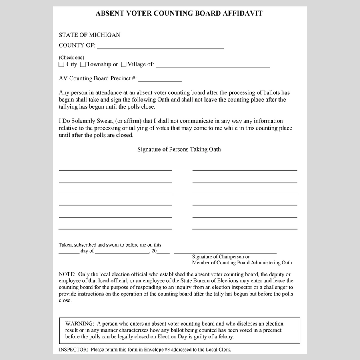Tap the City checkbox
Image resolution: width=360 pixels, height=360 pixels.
[x=62, y=64]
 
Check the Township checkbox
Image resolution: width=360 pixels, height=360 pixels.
[x=83, y=64]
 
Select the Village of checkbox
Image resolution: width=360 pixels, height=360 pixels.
[x=124, y=64]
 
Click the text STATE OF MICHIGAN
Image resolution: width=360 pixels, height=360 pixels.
[x=90, y=35]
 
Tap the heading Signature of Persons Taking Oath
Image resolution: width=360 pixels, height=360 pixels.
[x=179, y=150]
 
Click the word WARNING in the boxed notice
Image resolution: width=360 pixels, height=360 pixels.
[x=80, y=324]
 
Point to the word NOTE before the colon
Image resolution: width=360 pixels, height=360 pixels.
[x=66, y=274]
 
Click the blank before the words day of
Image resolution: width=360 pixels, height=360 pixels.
[x=69, y=252]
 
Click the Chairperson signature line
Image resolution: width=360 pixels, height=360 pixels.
[x=225, y=252]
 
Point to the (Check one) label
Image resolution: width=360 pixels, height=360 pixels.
[x=72, y=58]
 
